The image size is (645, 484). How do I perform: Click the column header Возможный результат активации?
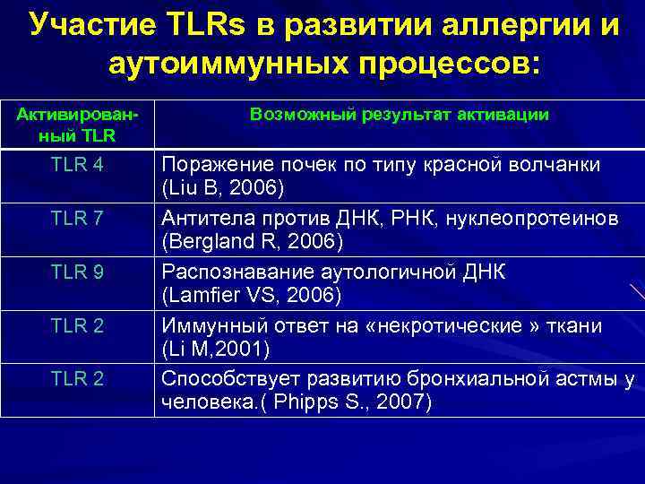coord(400,115)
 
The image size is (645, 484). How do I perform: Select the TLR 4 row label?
coord(77,165)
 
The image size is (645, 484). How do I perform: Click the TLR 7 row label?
coord(77,218)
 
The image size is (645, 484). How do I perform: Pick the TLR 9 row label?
coord(77,272)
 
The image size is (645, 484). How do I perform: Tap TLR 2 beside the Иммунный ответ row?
coord(77,324)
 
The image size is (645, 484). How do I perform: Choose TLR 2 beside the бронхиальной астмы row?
coord(77,378)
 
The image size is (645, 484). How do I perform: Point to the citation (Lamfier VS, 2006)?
coord(249,296)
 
